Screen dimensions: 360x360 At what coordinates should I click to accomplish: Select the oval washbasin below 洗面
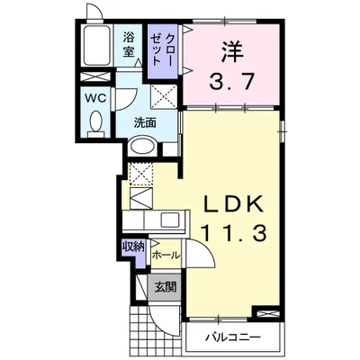click(143, 146)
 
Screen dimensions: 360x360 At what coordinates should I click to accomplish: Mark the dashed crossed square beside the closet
click(164, 94)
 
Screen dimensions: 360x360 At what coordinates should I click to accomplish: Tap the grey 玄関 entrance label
click(164, 288)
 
